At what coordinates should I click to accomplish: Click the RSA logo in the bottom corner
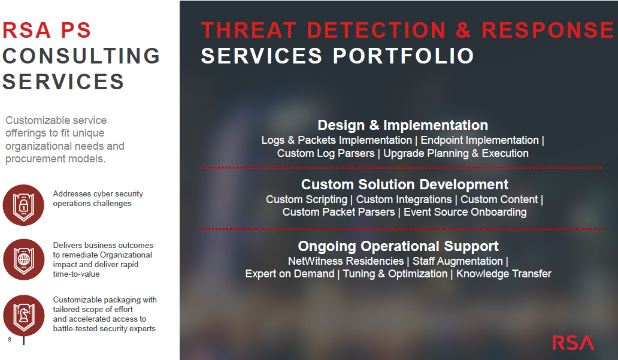pyautogui.click(x=573, y=343)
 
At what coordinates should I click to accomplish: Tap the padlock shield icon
pyautogui.click(x=23, y=205)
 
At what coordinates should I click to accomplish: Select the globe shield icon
pyautogui.click(x=23, y=259)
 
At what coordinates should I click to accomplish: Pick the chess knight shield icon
pyautogui.click(x=23, y=316)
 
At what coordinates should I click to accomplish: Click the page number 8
pyautogui.click(x=10, y=340)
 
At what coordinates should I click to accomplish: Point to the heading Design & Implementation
pyautogui.click(x=403, y=125)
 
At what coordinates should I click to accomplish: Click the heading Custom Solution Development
pyautogui.click(x=404, y=184)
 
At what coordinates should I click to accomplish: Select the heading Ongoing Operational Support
pyautogui.click(x=398, y=246)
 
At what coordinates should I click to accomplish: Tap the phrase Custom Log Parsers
pyautogui.click(x=326, y=153)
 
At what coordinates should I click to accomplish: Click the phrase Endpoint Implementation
pyautogui.click(x=480, y=140)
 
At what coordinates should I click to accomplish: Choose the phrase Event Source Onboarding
pyautogui.click(x=465, y=212)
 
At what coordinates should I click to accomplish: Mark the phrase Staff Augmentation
pyautogui.click(x=458, y=261)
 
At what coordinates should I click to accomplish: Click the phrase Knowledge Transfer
pyautogui.click(x=504, y=274)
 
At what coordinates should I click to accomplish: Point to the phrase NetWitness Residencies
pyautogui.click(x=346, y=261)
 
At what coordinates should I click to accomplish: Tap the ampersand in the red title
pyautogui.click(x=463, y=30)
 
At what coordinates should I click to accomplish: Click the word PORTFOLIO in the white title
pyautogui.click(x=404, y=56)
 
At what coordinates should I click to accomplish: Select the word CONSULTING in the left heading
pyautogui.click(x=81, y=56)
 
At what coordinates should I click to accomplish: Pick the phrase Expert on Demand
pyautogui.click(x=290, y=274)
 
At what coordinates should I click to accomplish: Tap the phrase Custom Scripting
pyautogui.click(x=307, y=199)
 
